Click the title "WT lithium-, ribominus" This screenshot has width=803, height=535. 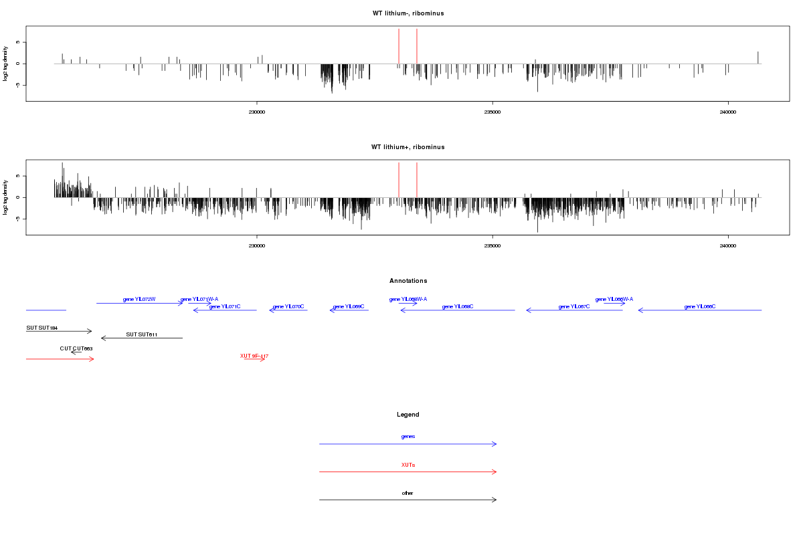click(408, 13)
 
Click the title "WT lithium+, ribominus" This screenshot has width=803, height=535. click(408, 146)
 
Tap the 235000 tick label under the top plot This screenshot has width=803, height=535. click(492, 112)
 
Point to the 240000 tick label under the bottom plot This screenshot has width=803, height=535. click(727, 245)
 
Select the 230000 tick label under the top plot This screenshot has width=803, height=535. click(256, 112)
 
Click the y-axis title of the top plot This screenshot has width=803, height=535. click(6, 64)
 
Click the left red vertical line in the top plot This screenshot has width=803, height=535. click(399, 47)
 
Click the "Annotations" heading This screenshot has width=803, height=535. click(408, 281)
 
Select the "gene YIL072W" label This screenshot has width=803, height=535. click(139, 299)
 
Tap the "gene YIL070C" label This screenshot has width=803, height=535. click(288, 306)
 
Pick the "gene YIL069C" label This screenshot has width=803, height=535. click(349, 306)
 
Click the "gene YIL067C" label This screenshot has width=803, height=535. click(574, 306)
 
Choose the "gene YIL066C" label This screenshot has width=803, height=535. click(700, 306)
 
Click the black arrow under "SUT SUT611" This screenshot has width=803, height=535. click(142, 338)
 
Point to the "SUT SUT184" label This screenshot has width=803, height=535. click(42, 328)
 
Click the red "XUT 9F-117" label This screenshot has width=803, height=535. click(254, 356)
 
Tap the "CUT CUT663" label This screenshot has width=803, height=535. click(76, 348)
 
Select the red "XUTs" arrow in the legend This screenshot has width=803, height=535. click(408, 472)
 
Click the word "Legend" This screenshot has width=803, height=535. click(408, 415)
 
